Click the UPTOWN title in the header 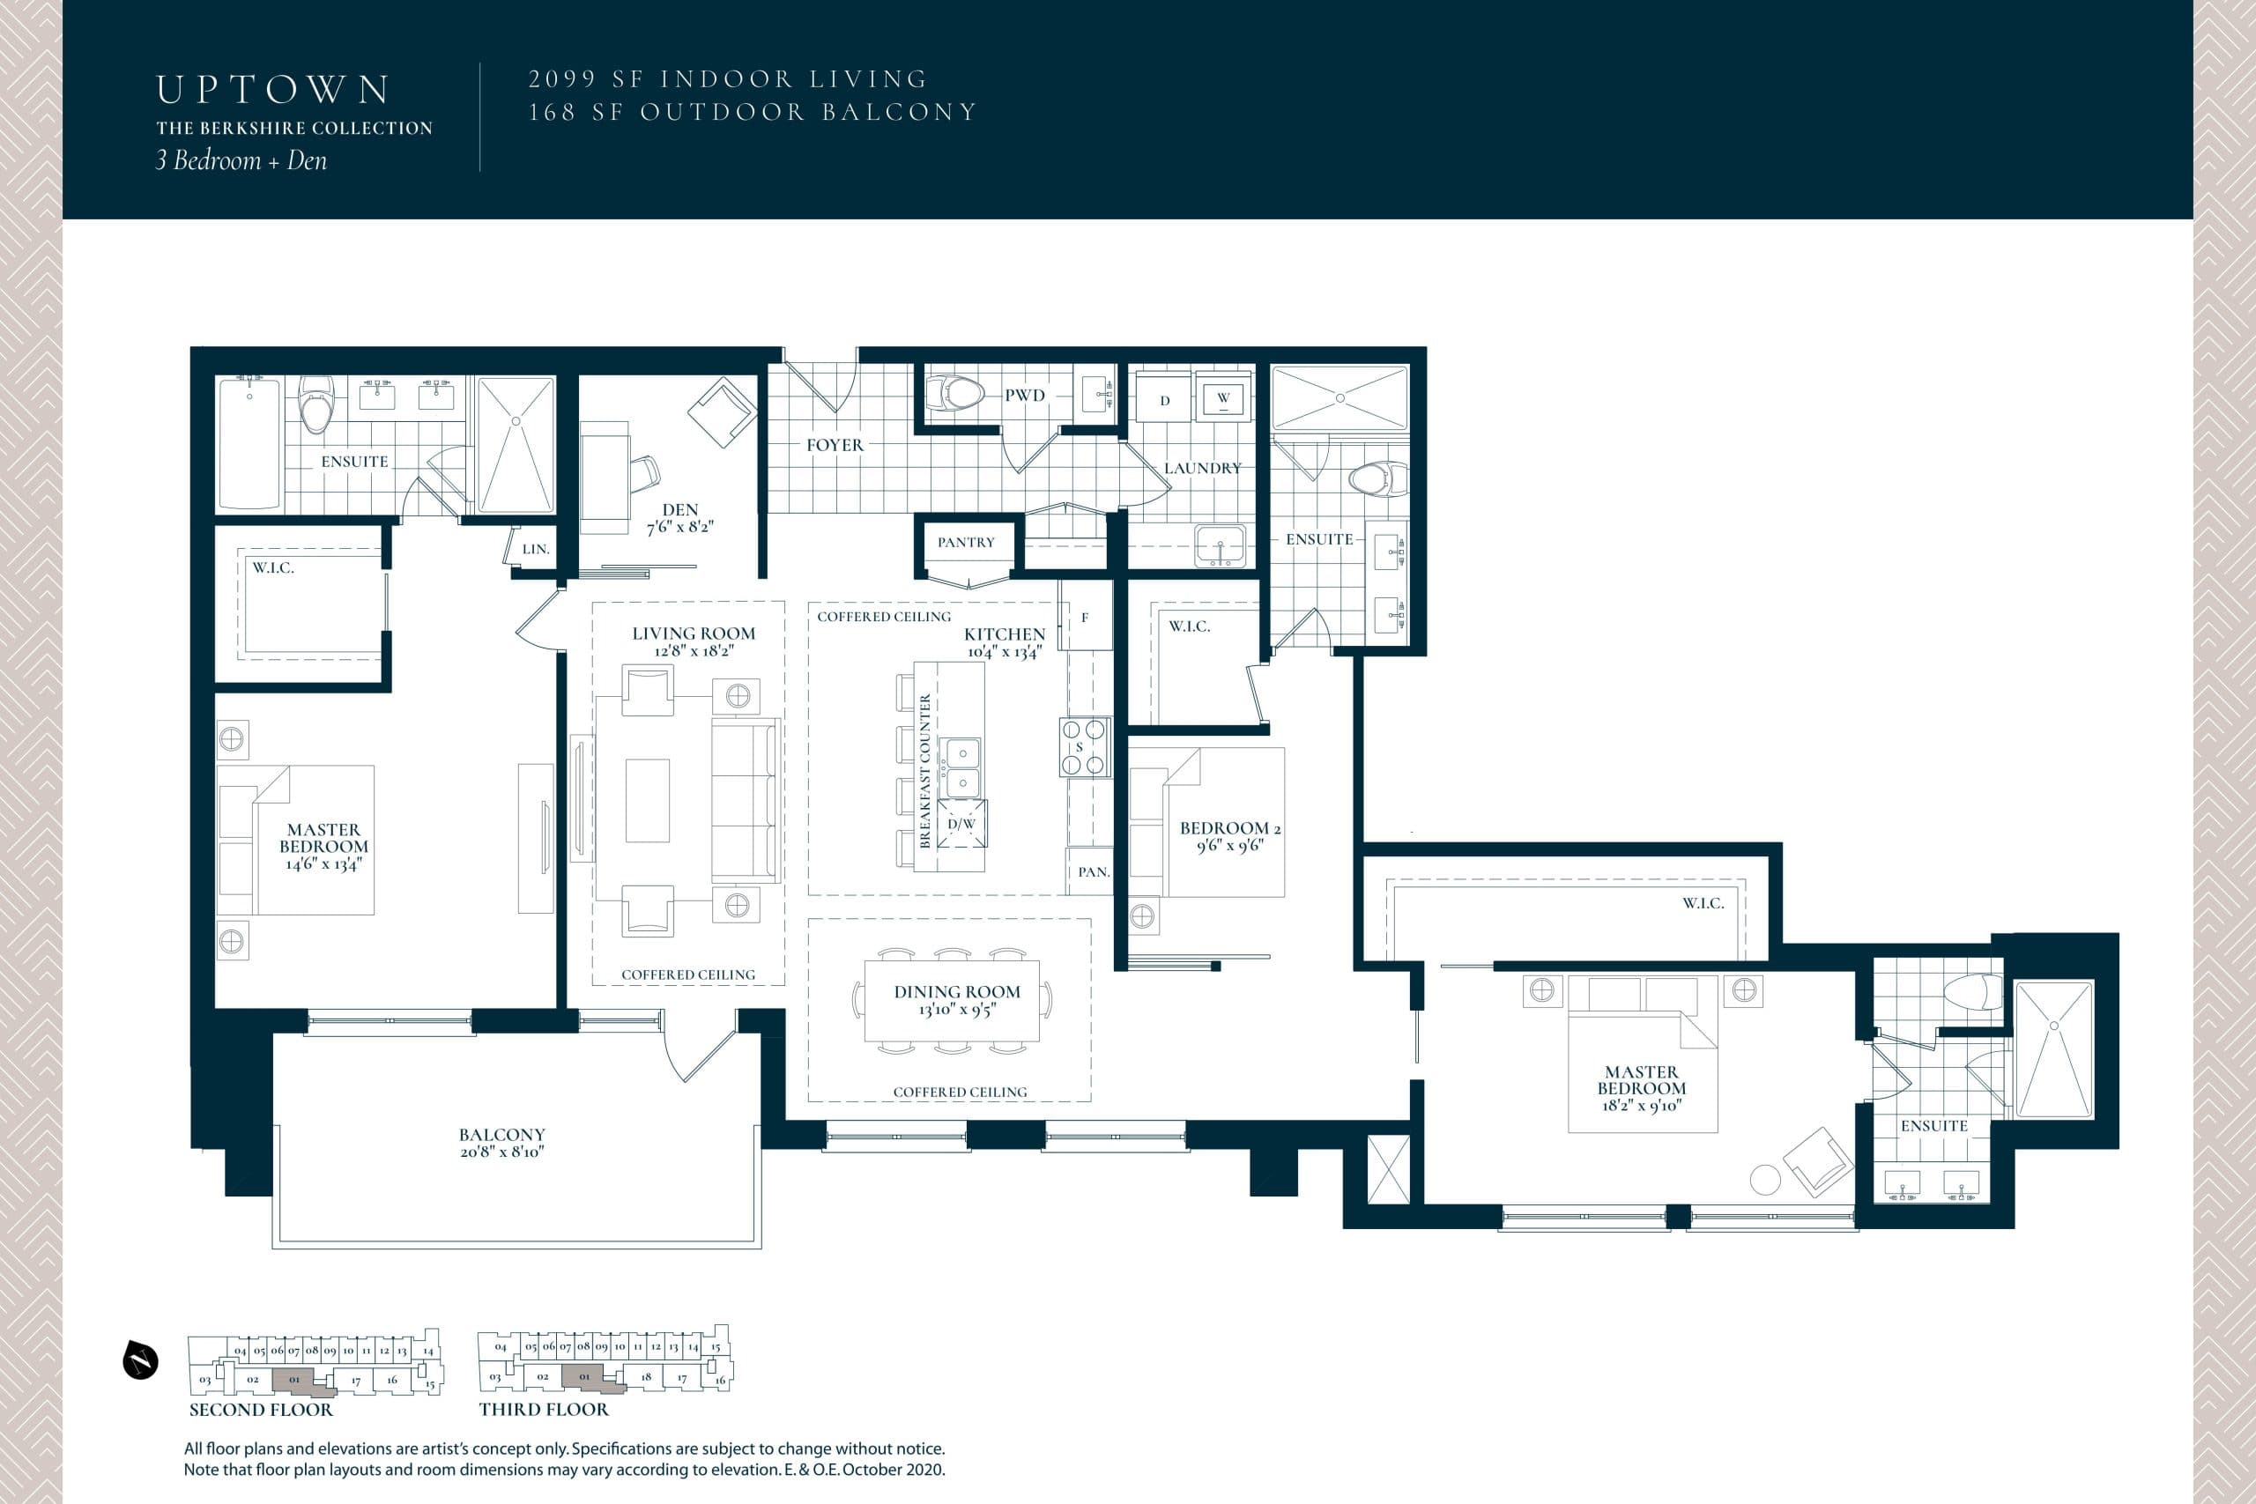273,90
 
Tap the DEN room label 679,510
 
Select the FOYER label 835,445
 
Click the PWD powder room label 1024,396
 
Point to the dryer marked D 1164,400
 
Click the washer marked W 1223,398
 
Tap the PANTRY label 966,542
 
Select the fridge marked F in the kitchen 1085,618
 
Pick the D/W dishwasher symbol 961,824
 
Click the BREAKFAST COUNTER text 925,771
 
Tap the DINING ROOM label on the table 956,992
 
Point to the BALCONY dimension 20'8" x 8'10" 501,1152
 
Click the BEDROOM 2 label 1229,828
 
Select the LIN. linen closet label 535,550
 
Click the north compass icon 140,1361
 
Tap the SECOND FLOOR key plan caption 261,1410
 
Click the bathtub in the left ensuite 249,442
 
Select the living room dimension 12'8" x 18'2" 694,651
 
